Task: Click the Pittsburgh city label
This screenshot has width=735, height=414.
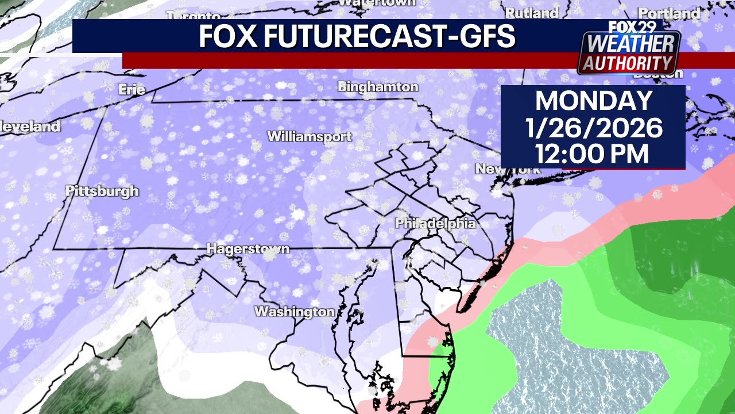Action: (x=102, y=191)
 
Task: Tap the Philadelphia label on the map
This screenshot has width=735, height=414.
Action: (x=436, y=223)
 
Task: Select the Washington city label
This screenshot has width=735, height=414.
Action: (x=294, y=312)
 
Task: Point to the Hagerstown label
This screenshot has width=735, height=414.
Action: (x=247, y=249)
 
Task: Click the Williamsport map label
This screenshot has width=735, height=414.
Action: (x=310, y=137)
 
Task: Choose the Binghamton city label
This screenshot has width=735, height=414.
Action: (x=378, y=87)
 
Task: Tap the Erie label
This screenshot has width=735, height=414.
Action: (x=131, y=90)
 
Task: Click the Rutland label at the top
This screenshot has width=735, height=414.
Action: (x=532, y=13)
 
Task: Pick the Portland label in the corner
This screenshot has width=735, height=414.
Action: (x=669, y=13)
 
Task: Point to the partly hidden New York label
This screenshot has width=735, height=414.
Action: (x=508, y=169)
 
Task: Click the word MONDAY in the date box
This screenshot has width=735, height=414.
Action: (x=593, y=101)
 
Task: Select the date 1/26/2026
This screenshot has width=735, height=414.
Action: (x=593, y=128)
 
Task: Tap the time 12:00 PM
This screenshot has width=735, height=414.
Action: (x=593, y=154)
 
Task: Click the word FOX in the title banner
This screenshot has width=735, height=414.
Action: (x=229, y=37)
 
